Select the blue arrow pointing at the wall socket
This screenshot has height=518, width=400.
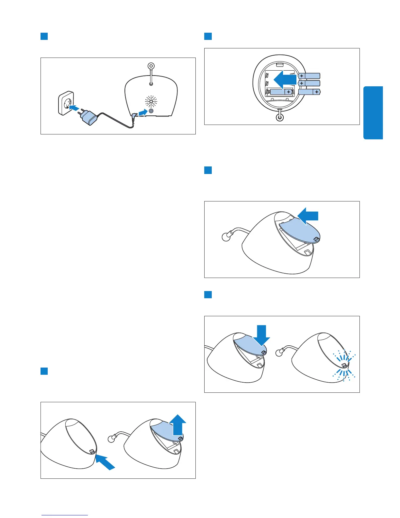[x=75, y=108]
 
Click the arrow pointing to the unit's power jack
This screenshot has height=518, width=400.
[x=142, y=113]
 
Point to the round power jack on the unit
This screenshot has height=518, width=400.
[x=151, y=111]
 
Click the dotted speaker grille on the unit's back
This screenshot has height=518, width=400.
[x=151, y=101]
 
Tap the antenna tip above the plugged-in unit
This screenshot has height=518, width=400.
[x=151, y=66]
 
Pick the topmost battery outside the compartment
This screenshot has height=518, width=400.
[x=309, y=76]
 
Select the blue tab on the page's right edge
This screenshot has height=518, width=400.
[x=373, y=113]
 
